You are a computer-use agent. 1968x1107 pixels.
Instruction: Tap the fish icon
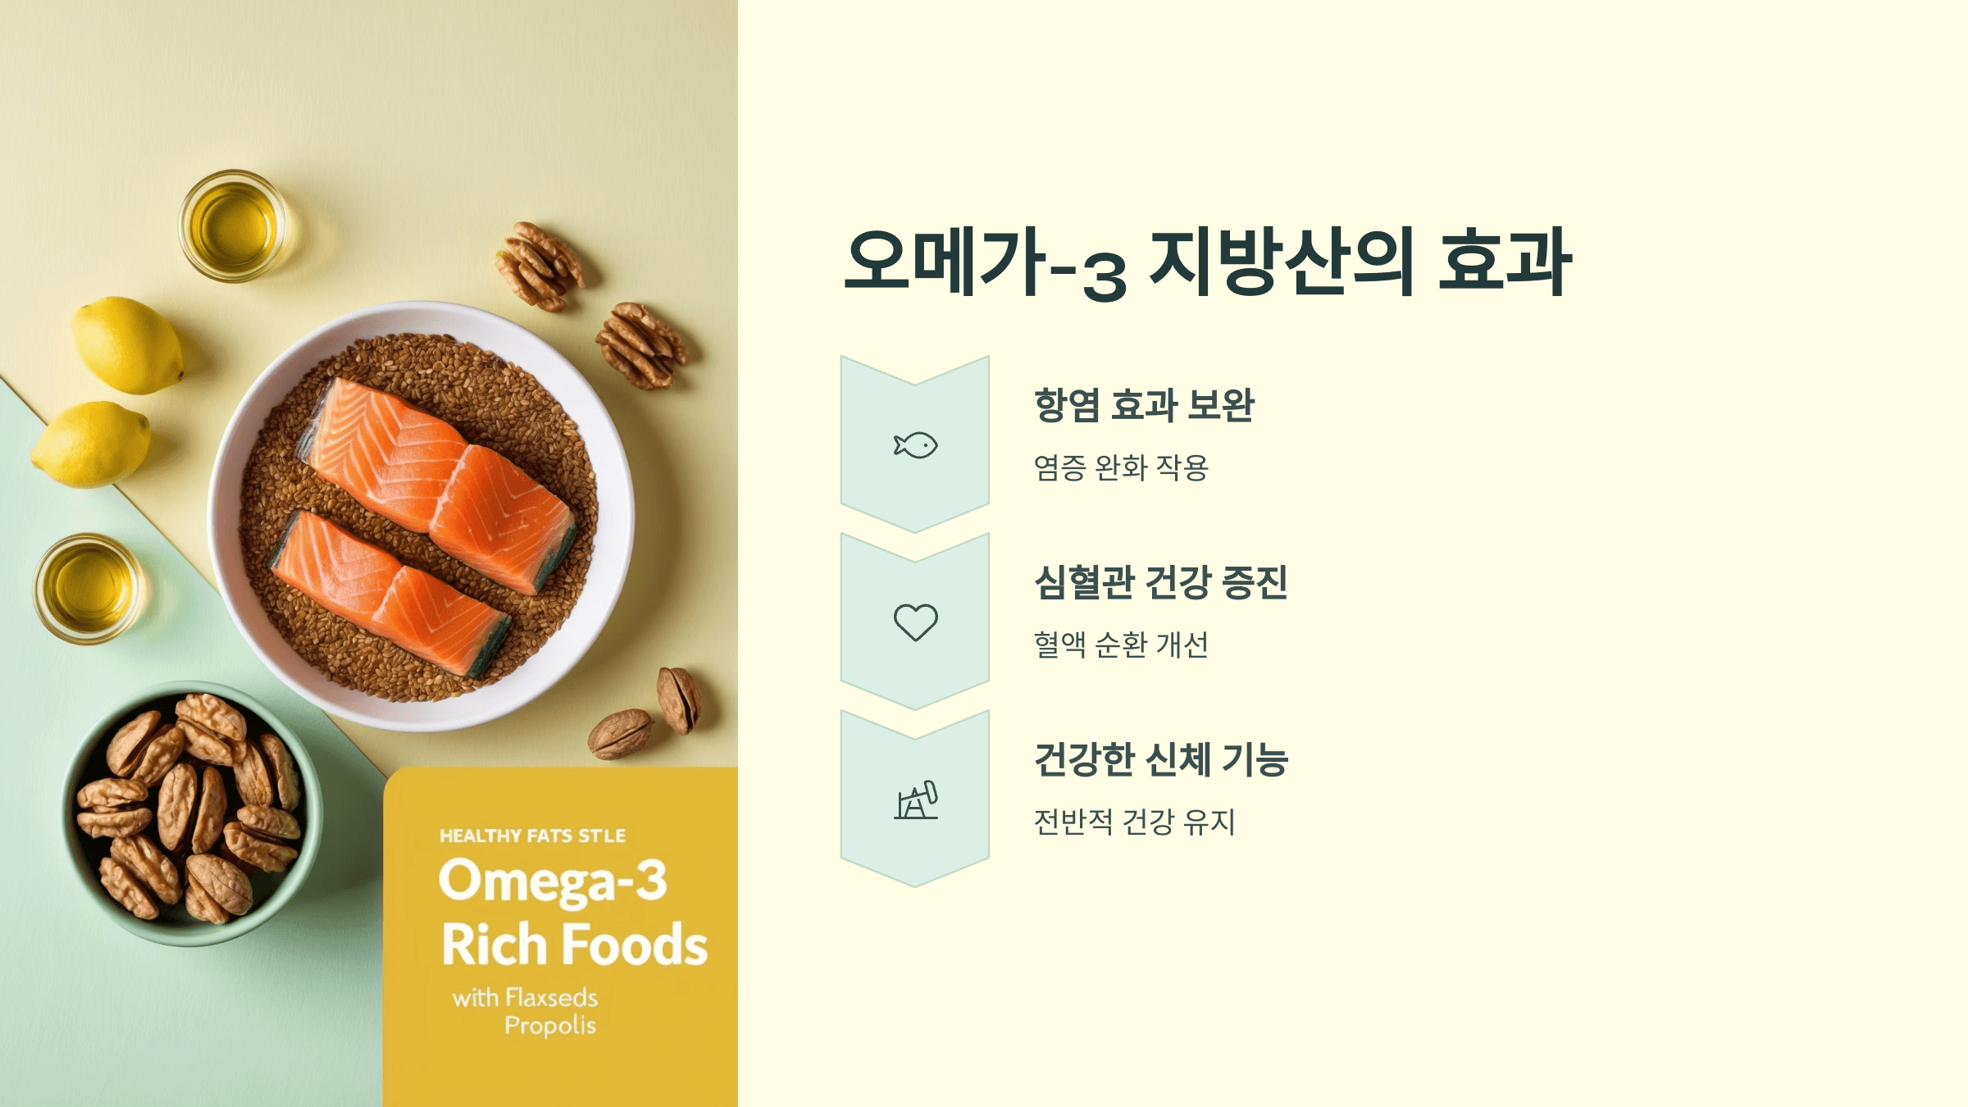point(915,445)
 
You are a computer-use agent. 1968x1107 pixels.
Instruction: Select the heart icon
point(915,622)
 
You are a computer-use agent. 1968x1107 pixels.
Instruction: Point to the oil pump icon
point(916,799)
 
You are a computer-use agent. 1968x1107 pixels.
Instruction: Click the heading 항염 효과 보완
point(1144,405)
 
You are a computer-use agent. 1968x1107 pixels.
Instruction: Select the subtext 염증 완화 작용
point(1121,467)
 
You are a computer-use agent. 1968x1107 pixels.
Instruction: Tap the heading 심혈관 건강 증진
point(1160,582)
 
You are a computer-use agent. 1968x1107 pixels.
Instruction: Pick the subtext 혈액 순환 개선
point(1121,645)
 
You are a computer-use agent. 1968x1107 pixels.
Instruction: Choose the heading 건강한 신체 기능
point(1160,759)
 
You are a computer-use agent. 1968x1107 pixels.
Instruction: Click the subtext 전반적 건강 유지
point(1134,822)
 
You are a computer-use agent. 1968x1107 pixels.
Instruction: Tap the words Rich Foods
point(574,945)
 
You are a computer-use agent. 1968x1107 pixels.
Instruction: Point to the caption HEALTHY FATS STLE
point(532,836)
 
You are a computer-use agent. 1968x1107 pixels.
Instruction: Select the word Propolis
point(550,1026)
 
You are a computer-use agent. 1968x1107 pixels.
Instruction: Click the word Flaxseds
point(552,998)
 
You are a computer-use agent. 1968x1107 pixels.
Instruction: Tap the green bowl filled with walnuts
point(193,812)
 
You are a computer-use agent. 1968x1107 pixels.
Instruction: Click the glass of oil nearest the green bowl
point(89,588)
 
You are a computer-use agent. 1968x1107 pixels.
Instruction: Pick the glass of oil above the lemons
point(234,225)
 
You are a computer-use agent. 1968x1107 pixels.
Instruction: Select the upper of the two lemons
point(127,344)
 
